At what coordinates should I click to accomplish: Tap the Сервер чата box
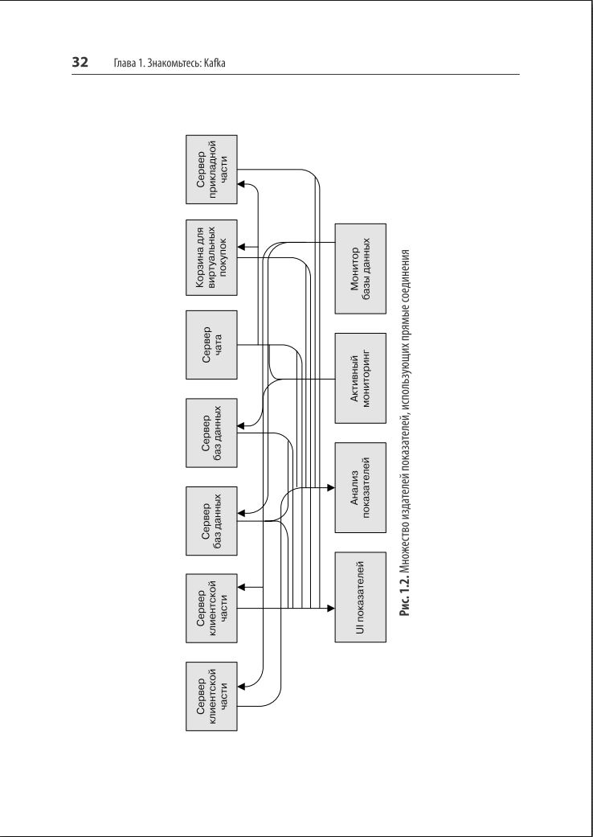[211, 344]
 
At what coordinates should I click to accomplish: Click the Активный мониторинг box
[359, 377]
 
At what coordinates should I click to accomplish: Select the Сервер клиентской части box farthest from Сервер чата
[211, 696]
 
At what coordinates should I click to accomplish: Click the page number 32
[80, 63]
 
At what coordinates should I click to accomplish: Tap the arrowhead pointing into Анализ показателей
[329, 487]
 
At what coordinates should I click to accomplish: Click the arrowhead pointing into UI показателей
[329, 609]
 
